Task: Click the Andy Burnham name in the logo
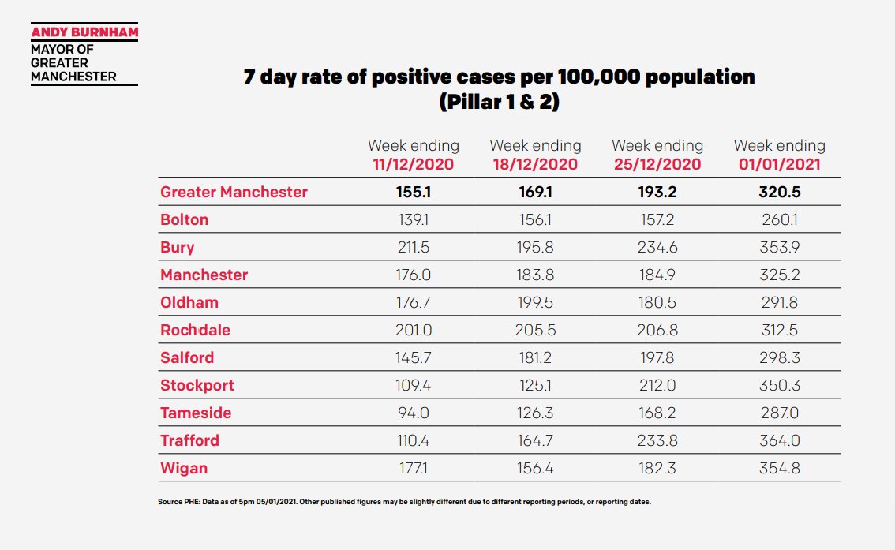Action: pyautogui.click(x=84, y=34)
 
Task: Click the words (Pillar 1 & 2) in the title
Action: pyautogui.click(x=498, y=102)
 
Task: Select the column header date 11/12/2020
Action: pyautogui.click(x=413, y=165)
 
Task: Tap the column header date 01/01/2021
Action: pyautogui.click(x=779, y=165)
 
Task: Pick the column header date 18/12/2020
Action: pyautogui.click(x=535, y=165)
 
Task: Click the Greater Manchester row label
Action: pyautogui.click(x=234, y=192)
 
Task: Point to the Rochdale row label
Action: pyautogui.click(x=195, y=330)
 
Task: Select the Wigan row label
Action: pyautogui.click(x=184, y=468)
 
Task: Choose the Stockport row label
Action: pyautogui.click(x=197, y=385)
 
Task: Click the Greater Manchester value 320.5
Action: pyautogui.click(x=779, y=192)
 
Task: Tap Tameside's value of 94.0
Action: pyautogui.click(x=413, y=413)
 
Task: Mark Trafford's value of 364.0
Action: pyautogui.click(x=779, y=440)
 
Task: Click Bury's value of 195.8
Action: pyautogui.click(x=535, y=247)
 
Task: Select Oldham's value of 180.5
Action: pyautogui.click(x=657, y=302)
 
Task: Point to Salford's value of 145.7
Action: pyautogui.click(x=413, y=357)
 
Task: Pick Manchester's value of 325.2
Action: pyautogui.click(x=779, y=275)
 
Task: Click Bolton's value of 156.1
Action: pyautogui.click(x=535, y=219)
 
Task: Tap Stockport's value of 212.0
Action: pyautogui.click(x=657, y=385)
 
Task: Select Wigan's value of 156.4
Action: pyautogui.click(x=535, y=468)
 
